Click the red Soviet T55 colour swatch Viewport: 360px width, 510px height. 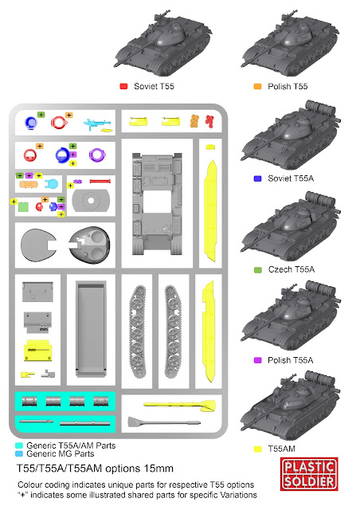point(123,86)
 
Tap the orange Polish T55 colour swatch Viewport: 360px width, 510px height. point(257,86)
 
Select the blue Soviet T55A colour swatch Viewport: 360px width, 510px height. point(257,178)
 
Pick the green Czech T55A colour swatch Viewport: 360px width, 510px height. point(257,269)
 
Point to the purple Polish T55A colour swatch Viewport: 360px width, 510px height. point(257,360)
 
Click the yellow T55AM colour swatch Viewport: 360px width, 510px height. point(257,449)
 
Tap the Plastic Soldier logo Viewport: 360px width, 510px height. point(309,474)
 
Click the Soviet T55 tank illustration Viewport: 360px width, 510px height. point(162,43)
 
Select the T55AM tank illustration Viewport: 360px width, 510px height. point(291,405)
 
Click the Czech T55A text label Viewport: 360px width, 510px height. point(292,269)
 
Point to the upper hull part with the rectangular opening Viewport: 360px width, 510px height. point(157,204)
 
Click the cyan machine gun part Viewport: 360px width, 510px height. point(97,124)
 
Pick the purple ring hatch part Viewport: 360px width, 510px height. point(97,155)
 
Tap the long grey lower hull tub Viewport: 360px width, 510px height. point(91,329)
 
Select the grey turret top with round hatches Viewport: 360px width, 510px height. point(89,245)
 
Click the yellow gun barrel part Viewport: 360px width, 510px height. point(179,405)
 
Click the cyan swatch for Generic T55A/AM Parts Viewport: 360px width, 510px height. point(19,445)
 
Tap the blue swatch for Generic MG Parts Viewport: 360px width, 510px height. point(19,453)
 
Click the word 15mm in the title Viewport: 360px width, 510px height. point(158,469)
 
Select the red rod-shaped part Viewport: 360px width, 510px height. point(100,181)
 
